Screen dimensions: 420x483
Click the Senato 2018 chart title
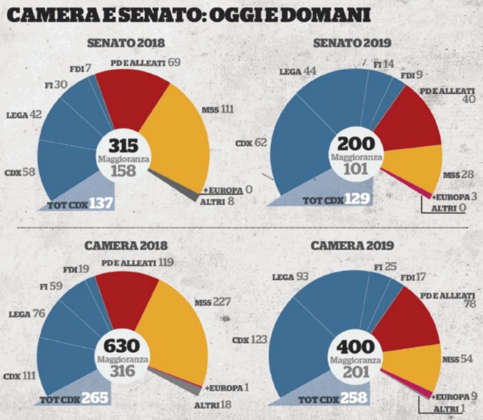coord(126,43)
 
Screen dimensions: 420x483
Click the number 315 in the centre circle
coord(123,145)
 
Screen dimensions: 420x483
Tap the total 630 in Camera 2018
coord(123,346)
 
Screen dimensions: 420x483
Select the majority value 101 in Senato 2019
coord(356,169)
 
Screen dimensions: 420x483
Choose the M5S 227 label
coord(213,302)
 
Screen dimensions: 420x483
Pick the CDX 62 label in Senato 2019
coord(251,143)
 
